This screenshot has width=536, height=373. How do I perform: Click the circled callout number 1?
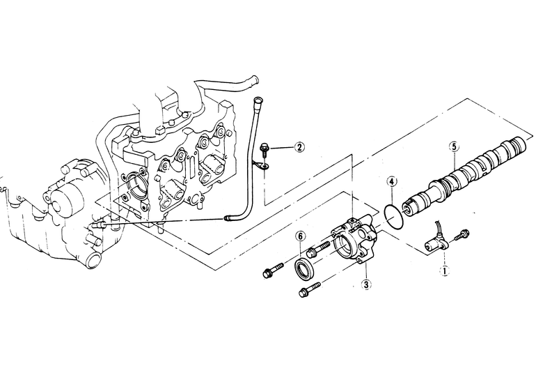pyautogui.click(x=445, y=271)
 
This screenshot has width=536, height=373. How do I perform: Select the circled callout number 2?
pyautogui.click(x=299, y=147)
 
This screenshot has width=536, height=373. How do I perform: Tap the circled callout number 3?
pyautogui.click(x=366, y=284)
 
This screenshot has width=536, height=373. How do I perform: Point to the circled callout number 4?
pyautogui.click(x=392, y=181)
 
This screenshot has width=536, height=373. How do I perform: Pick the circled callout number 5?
pyautogui.click(x=454, y=147)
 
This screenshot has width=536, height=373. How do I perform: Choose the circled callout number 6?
pyautogui.click(x=300, y=236)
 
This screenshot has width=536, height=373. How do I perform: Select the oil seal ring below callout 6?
pyautogui.click(x=304, y=268)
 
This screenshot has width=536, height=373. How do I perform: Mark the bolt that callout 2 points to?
pyautogui.click(x=264, y=150)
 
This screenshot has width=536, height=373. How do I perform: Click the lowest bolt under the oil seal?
pyautogui.click(x=309, y=289)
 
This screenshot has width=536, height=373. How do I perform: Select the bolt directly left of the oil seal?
pyautogui.click(x=273, y=270)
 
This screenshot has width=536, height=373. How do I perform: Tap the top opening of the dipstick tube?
pyautogui.click(x=257, y=100)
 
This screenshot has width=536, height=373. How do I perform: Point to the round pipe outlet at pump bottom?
pyautogui.click(x=94, y=261)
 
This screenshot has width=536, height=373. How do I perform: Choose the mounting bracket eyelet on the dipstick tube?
pyautogui.click(x=264, y=167)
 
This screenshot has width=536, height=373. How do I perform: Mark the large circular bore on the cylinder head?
pyautogui.click(x=136, y=185)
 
